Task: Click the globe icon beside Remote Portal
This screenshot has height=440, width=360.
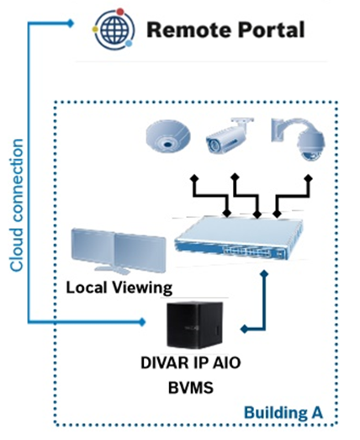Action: click(x=114, y=29)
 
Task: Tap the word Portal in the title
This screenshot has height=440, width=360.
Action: click(x=272, y=29)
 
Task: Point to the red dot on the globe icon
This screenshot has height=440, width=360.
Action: click(x=120, y=12)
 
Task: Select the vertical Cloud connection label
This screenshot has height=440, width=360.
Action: click(x=17, y=205)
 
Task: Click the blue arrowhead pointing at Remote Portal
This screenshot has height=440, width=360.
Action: click(x=71, y=24)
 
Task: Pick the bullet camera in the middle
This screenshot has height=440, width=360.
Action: click(x=229, y=135)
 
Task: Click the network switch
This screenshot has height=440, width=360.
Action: click(x=239, y=238)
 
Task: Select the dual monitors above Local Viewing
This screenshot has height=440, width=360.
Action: click(x=119, y=251)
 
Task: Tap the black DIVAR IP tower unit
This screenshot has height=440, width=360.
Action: click(x=195, y=325)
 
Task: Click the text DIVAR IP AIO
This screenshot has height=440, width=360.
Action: click(x=191, y=363)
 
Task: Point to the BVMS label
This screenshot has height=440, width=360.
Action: click(x=191, y=388)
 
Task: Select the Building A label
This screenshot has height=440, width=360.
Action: click(x=283, y=413)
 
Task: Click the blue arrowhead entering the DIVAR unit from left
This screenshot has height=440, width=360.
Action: click(x=142, y=321)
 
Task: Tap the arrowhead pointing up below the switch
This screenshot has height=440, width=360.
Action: click(x=264, y=274)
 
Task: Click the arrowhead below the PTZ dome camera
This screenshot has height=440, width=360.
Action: click(x=309, y=178)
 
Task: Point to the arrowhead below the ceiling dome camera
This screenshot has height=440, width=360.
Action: click(x=193, y=178)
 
